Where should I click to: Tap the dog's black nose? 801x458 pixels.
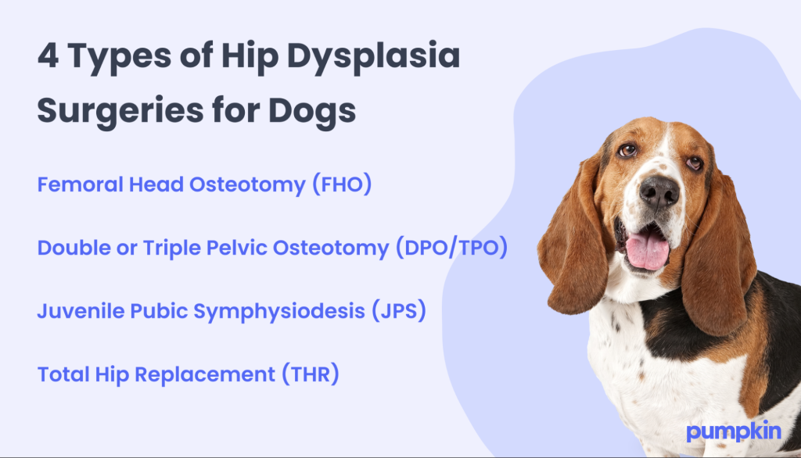[659, 190]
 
